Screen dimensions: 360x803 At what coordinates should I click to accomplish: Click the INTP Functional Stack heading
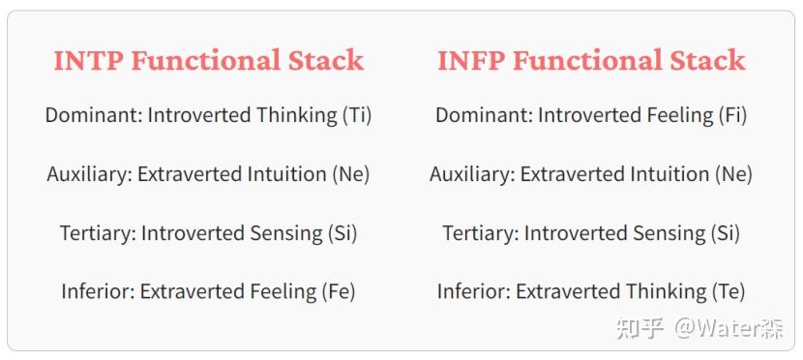(x=208, y=60)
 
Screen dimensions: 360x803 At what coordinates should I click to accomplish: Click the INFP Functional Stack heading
(x=591, y=60)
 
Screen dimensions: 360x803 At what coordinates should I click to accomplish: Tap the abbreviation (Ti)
(x=356, y=115)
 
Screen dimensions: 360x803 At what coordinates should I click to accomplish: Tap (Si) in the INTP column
(x=338, y=233)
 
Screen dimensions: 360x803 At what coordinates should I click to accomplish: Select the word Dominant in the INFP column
(x=483, y=115)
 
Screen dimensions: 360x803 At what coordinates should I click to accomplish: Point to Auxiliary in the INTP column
(x=89, y=174)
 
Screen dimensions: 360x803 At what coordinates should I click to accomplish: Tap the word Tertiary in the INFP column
(x=480, y=233)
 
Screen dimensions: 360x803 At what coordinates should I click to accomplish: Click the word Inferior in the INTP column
(x=97, y=291)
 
